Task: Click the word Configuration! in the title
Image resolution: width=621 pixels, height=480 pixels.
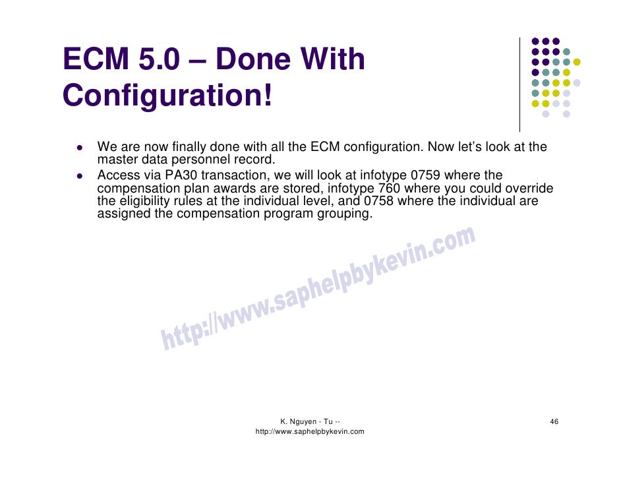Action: [167, 96]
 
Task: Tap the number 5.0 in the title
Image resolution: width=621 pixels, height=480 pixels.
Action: [159, 59]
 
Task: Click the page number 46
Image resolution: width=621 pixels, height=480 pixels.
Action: [554, 421]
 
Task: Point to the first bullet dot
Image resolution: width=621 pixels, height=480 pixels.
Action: [78, 147]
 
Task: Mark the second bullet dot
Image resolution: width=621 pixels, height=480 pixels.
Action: [78, 176]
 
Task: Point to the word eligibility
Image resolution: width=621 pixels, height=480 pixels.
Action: [140, 200]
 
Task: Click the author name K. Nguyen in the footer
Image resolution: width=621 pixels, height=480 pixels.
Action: [299, 421]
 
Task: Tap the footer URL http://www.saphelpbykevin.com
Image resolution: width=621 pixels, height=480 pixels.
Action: [309, 431]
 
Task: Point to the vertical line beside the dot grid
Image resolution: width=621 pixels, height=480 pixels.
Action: [520, 84]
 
